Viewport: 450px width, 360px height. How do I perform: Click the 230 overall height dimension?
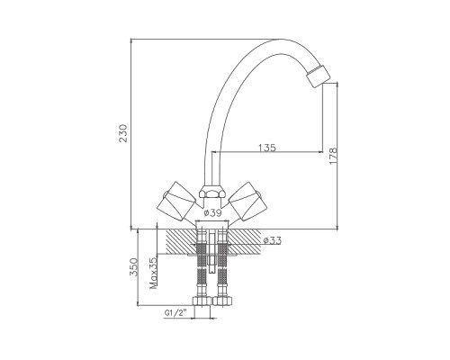(123, 133)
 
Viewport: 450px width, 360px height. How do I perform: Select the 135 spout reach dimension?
(266, 148)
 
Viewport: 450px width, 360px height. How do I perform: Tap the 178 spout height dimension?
(333, 156)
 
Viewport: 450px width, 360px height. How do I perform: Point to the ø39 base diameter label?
(212, 213)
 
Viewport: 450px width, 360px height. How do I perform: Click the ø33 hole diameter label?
(272, 240)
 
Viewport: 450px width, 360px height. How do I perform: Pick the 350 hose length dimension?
(133, 267)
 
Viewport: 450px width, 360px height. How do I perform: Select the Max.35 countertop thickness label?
(154, 273)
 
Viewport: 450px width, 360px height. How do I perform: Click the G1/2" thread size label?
(175, 312)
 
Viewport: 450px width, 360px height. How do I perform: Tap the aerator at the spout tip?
(318, 76)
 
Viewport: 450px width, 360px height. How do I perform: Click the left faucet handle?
(178, 201)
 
